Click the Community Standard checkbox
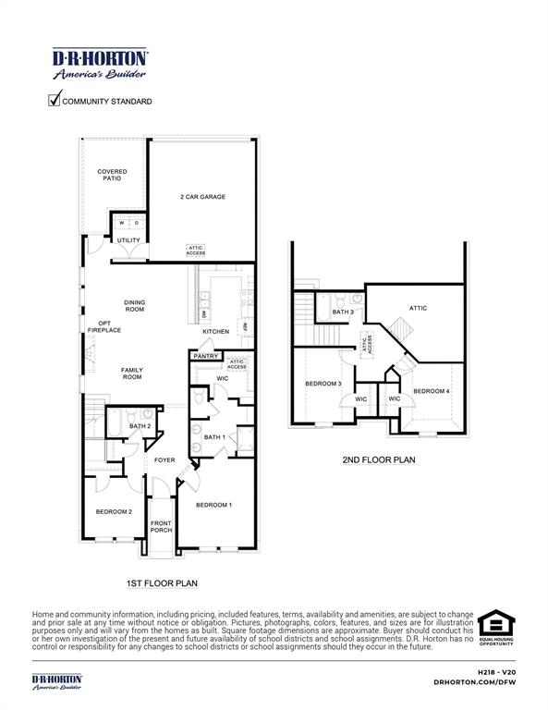[x=55, y=100]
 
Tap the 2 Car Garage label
[x=202, y=197]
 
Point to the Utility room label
[x=128, y=240]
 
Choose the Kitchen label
[x=215, y=331]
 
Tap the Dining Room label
[x=135, y=305]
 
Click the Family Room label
[x=132, y=373]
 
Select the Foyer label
[x=164, y=459]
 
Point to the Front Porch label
[x=162, y=527]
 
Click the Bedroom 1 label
[x=213, y=505]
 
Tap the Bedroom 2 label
[x=114, y=511]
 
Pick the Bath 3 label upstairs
[x=343, y=312]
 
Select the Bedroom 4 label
[x=432, y=391]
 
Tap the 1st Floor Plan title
[x=162, y=583]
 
